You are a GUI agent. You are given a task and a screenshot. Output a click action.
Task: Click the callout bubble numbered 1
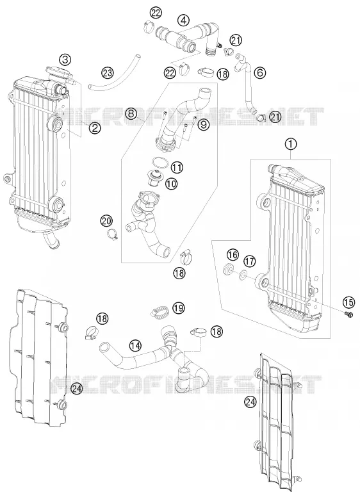tap(291, 144)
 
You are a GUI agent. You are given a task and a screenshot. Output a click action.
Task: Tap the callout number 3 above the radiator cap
tap(65, 60)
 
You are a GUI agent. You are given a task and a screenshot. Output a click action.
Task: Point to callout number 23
tap(108, 73)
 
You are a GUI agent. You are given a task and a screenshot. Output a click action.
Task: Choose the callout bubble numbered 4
tap(183, 20)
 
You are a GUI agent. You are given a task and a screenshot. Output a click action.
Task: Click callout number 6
tap(260, 73)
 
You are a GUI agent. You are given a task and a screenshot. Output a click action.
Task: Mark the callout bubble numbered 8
tap(131, 114)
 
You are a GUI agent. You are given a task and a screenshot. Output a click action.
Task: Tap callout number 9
tap(203, 125)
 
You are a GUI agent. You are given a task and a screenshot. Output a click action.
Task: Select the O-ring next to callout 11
tap(160, 163)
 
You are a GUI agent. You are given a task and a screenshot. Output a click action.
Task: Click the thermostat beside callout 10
tap(156, 177)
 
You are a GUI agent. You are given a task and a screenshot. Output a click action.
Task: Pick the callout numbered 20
tap(106, 220)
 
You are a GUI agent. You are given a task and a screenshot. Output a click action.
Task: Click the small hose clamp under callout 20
tap(112, 234)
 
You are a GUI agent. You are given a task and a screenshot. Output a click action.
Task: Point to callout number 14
tap(135, 346)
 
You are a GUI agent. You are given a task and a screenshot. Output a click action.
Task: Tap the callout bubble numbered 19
tap(179, 307)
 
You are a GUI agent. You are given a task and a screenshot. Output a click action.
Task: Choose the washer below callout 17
tap(243, 274)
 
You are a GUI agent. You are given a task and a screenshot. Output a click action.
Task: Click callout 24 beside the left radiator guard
tap(77, 388)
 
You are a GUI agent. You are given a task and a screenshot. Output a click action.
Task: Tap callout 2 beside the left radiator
tap(94, 127)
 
